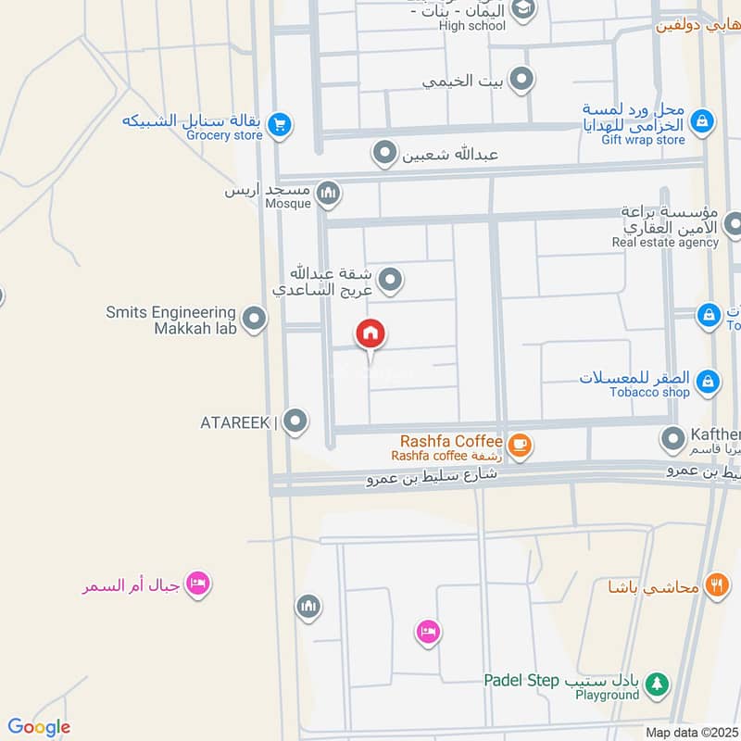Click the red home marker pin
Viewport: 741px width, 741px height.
tap(370, 334)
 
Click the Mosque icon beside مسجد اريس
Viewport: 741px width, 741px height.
tap(327, 194)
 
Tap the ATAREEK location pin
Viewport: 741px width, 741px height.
tap(295, 421)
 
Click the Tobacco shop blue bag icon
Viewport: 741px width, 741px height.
tap(708, 381)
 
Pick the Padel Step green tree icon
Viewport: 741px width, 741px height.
tap(657, 684)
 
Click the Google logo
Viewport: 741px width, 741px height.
tap(38, 727)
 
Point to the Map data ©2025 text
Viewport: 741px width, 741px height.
tap(691, 732)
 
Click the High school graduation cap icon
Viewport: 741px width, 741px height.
tap(523, 9)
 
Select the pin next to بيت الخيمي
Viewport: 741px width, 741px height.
tap(522, 80)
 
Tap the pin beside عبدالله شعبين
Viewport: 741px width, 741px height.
tap(384, 154)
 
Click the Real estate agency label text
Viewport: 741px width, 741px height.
tap(664, 243)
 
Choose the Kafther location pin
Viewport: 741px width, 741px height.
tap(672, 437)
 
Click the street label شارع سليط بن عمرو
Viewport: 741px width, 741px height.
tap(432, 477)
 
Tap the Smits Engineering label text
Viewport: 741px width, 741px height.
tap(170, 313)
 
